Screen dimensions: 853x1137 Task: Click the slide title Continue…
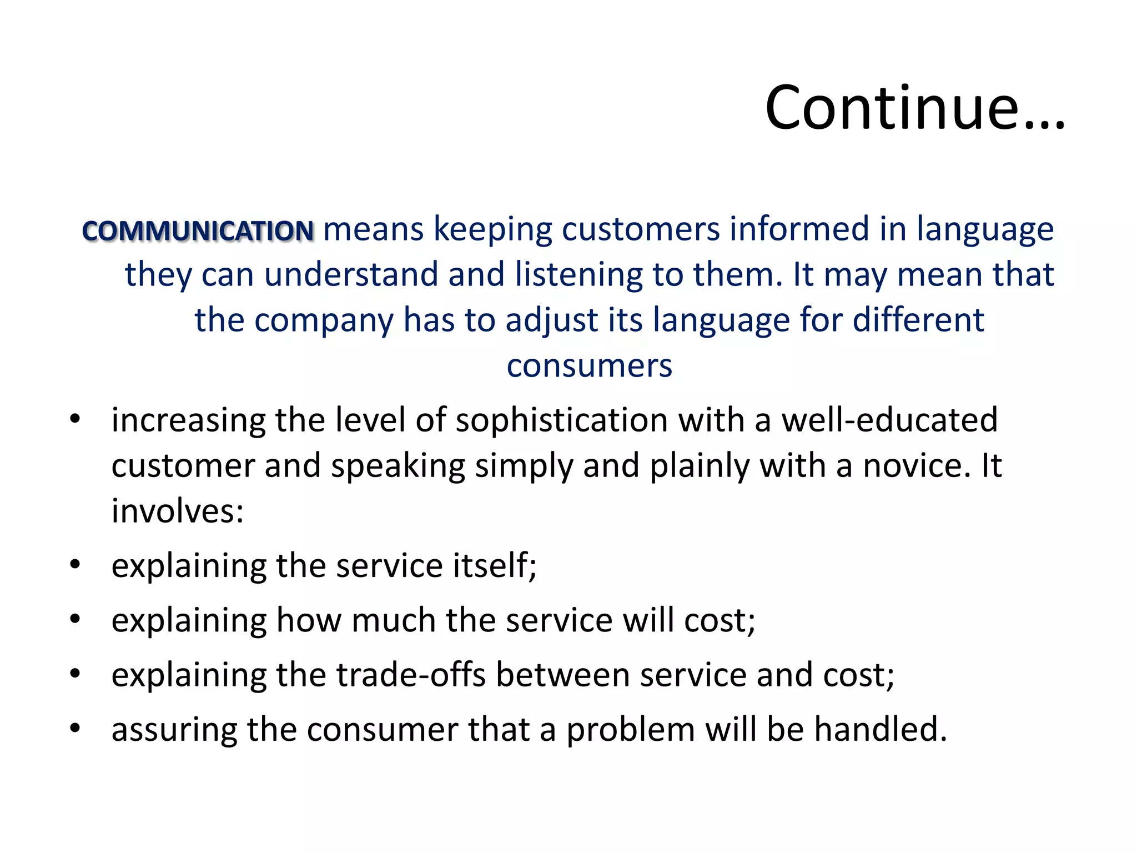(x=914, y=108)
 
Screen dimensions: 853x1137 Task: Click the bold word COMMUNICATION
(x=198, y=231)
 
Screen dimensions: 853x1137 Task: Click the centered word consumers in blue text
(x=589, y=366)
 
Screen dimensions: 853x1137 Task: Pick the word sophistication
(x=561, y=420)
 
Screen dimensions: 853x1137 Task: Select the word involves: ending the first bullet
(x=177, y=511)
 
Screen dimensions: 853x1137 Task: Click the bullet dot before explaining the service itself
(x=76, y=565)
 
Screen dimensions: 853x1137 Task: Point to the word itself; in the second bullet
(x=495, y=565)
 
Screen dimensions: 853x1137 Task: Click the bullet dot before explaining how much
(x=76, y=619)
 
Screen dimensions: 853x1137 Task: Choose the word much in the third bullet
(x=393, y=620)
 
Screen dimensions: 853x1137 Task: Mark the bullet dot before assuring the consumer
(x=76, y=727)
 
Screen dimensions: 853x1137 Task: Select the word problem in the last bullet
(x=630, y=730)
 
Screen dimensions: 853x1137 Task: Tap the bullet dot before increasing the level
(x=76, y=419)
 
